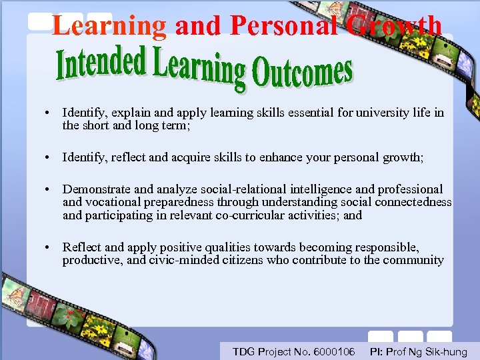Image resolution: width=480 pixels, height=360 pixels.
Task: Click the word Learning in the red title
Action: click(x=109, y=26)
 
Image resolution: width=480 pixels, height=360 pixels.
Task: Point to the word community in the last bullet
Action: click(x=413, y=260)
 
